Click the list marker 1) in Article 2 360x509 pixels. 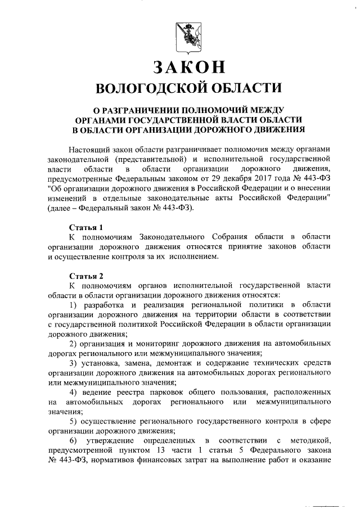pos(73,304)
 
